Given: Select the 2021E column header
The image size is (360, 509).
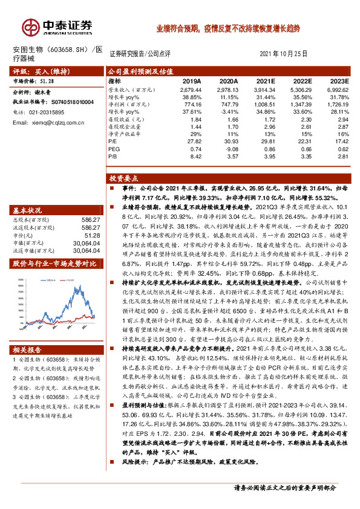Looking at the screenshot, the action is pyautogui.click(x=264, y=80).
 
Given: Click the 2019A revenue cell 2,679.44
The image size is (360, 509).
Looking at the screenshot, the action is pyautogui.click(x=189, y=90).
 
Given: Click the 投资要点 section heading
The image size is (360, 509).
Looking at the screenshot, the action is pyautogui.click(x=124, y=179).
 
